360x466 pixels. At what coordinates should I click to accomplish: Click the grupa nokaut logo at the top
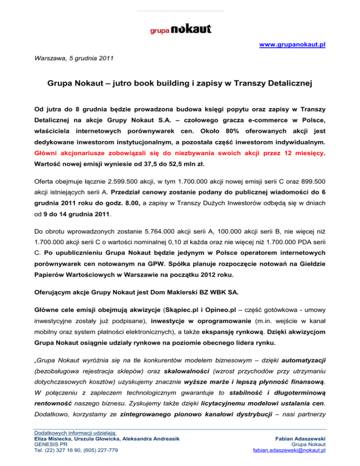pyautogui.click(x=180, y=29)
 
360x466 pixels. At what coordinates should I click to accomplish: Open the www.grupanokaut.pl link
pyautogui.click(x=292, y=45)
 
